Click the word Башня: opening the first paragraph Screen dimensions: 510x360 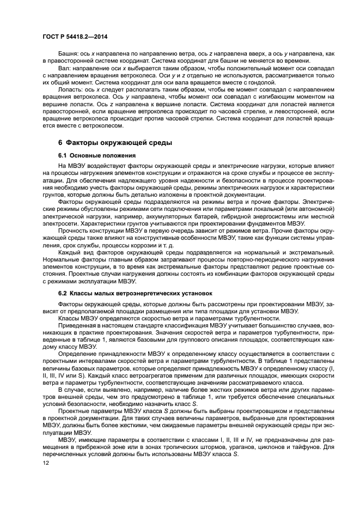click(68, 53)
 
